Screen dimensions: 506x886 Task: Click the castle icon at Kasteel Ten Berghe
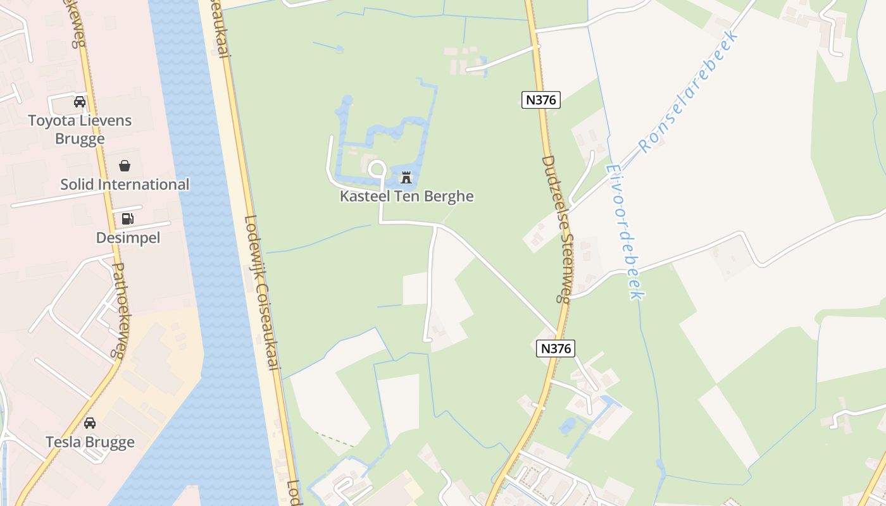tap(406, 178)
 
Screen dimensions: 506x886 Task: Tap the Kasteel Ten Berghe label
tap(406, 196)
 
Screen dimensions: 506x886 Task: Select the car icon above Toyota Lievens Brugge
tap(80, 102)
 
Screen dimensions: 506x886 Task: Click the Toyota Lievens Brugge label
tap(80, 129)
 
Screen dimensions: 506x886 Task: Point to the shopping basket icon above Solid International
tap(125, 166)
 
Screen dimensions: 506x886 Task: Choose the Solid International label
tap(125, 185)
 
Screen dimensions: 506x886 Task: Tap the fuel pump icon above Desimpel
tap(128, 219)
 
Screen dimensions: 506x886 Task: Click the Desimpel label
tap(128, 238)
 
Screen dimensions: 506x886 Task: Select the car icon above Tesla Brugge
tap(90, 423)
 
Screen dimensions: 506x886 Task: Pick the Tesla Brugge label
tap(90, 442)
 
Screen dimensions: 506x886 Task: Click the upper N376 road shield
tap(541, 100)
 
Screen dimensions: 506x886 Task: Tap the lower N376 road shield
tap(556, 348)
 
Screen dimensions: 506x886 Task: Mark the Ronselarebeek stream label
tap(689, 93)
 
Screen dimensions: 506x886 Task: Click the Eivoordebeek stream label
tap(625, 231)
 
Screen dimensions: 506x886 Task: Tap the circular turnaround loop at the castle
tap(377, 170)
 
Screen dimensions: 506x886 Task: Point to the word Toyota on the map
tap(49, 120)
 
